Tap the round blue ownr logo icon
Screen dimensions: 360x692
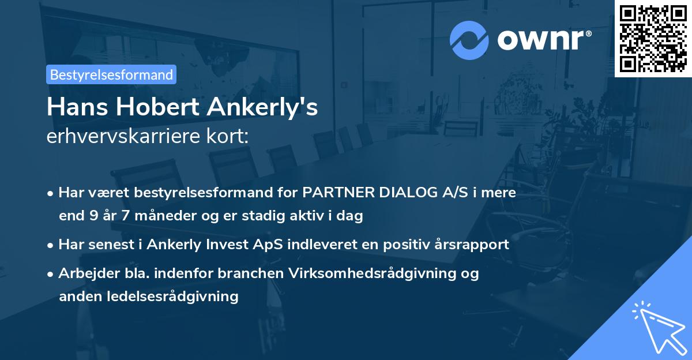470,39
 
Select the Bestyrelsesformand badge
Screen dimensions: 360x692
111,74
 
